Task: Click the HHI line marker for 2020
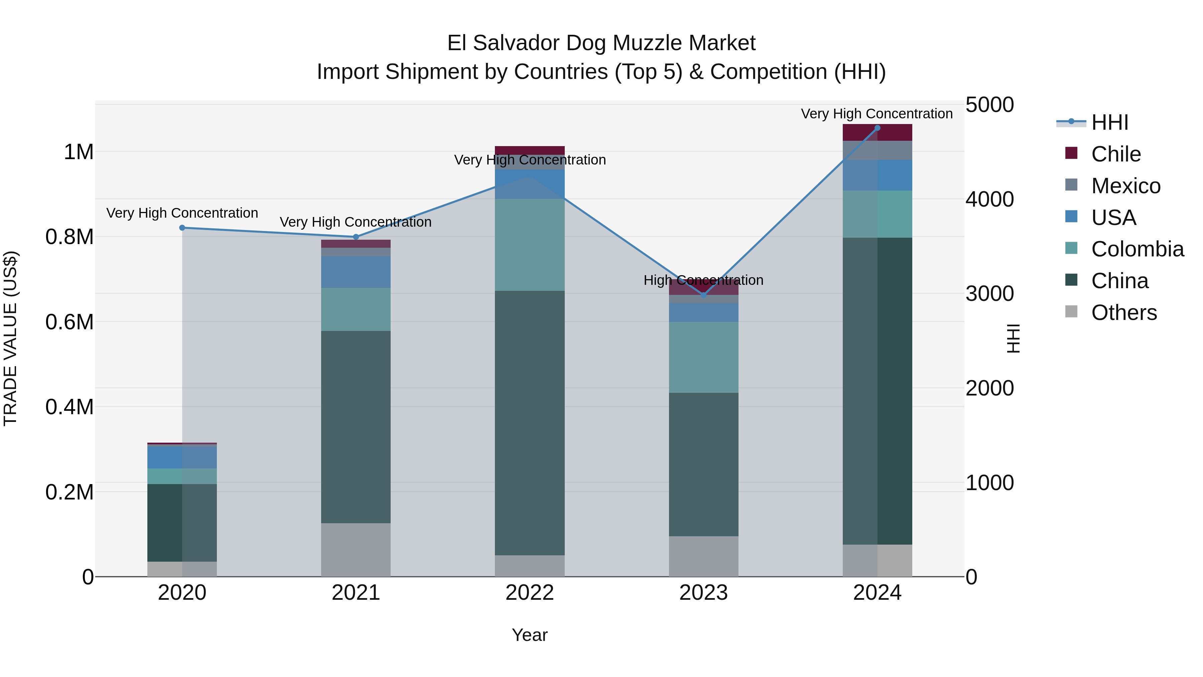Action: pyautogui.click(x=182, y=228)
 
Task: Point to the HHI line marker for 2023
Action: pyautogui.click(x=704, y=295)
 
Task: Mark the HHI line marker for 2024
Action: pyautogui.click(x=877, y=128)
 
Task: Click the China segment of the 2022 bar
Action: pyautogui.click(x=530, y=423)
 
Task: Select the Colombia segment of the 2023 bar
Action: pyautogui.click(x=703, y=357)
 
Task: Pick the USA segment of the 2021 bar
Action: pyautogui.click(x=356, y=272)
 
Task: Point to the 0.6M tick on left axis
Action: pyautogui.click(x=69, y=322)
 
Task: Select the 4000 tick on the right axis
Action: pyautogui.click(x=989, y=200)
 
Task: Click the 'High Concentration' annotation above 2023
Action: pyautogui.click(x=703, y=280)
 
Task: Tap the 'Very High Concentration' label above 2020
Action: pyautogui.click(x=182, y=213)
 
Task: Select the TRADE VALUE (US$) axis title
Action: pyautogui.click(x=10, y=338)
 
